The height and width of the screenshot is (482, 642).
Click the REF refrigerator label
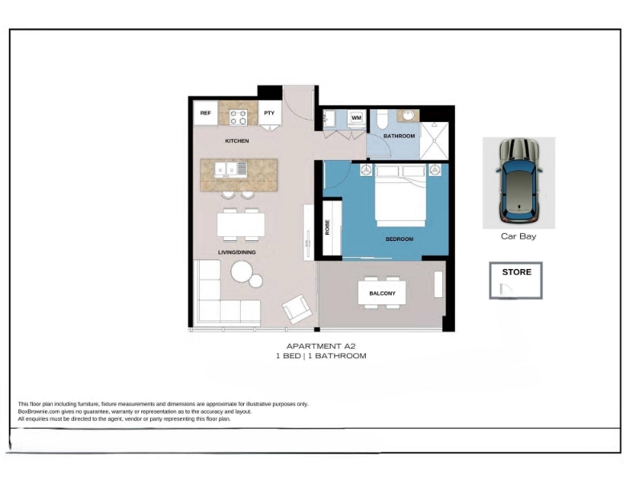pos(205,113)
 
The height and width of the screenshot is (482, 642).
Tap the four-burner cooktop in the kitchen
pos(238,117)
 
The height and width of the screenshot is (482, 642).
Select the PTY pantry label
pos(269,113)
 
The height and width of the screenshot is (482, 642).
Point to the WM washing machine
pos(356,118)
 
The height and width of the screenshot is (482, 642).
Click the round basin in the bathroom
pos(408,115)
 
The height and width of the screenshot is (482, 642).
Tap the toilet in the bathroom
pos(382,119)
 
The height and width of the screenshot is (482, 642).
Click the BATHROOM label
pos(399,136)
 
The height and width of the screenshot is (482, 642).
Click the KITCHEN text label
pos(237,141)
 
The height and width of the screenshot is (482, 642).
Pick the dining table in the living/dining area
pos(241,224)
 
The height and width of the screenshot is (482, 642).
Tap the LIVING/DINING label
pos(237,252)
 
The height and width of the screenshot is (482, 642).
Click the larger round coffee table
pos(242,272)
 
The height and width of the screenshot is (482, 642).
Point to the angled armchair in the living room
pos(297,309)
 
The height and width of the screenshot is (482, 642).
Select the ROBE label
pos(327,227)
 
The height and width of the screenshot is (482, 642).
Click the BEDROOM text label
pos(399,239)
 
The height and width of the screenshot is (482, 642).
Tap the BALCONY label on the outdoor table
pos(383,293)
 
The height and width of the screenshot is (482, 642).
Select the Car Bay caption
pos(518,236)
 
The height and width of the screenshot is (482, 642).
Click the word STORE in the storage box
pos(517,272)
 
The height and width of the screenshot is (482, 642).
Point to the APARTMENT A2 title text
pos(321,346)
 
